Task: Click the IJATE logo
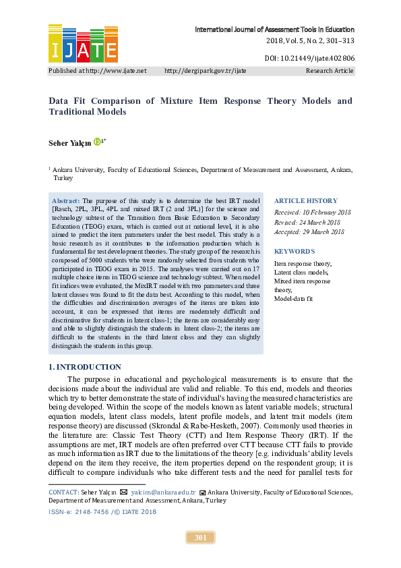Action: coord(83,44)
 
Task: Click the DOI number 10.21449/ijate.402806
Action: coord(309,59)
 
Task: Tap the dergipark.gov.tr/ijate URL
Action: coord(205,70)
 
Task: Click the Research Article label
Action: coord(330,70)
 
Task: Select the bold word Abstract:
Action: coord(66,201)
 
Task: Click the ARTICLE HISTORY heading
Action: coord(305,201)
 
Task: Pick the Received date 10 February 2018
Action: coord(312,212)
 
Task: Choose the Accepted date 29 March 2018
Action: coord(309,232)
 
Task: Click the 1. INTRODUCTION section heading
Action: coord(85,367)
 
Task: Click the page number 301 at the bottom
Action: coord(200,538)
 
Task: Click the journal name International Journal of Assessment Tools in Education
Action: coord(274,30)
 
